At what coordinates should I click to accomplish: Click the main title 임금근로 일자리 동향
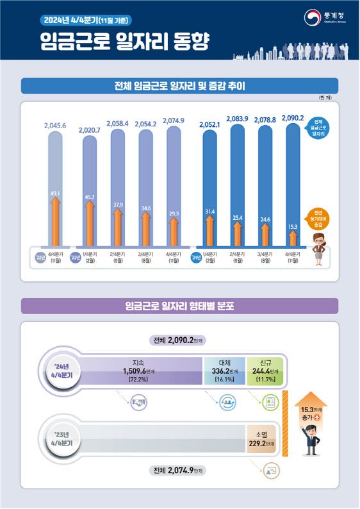click(123, 42)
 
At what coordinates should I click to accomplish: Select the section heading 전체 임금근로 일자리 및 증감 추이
click(179, 85)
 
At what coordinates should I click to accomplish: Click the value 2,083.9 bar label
click(238, 120)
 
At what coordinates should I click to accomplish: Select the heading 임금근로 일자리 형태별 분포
click(179, 306)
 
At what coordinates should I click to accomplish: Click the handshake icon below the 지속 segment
click(138, 404)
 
